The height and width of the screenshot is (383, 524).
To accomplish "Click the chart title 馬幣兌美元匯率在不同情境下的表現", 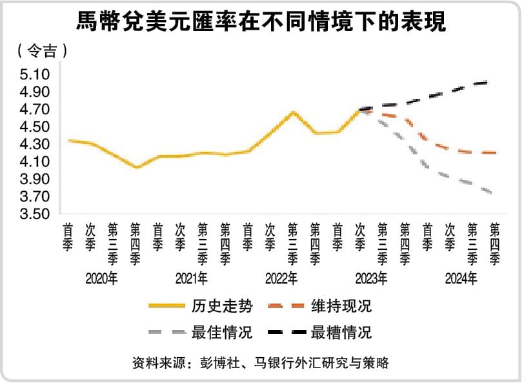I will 261,22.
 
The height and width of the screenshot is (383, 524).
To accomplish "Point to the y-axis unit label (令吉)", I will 42,50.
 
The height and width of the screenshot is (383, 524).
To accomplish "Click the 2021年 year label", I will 191,279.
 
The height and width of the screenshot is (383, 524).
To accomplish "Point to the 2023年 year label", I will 371,279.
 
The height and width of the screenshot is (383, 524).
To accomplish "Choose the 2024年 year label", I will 461,279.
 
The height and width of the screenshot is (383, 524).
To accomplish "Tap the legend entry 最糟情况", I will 349,333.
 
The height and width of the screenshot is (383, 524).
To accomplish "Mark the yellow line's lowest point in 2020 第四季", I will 136,168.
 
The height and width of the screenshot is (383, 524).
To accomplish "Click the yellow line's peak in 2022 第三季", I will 294,112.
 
